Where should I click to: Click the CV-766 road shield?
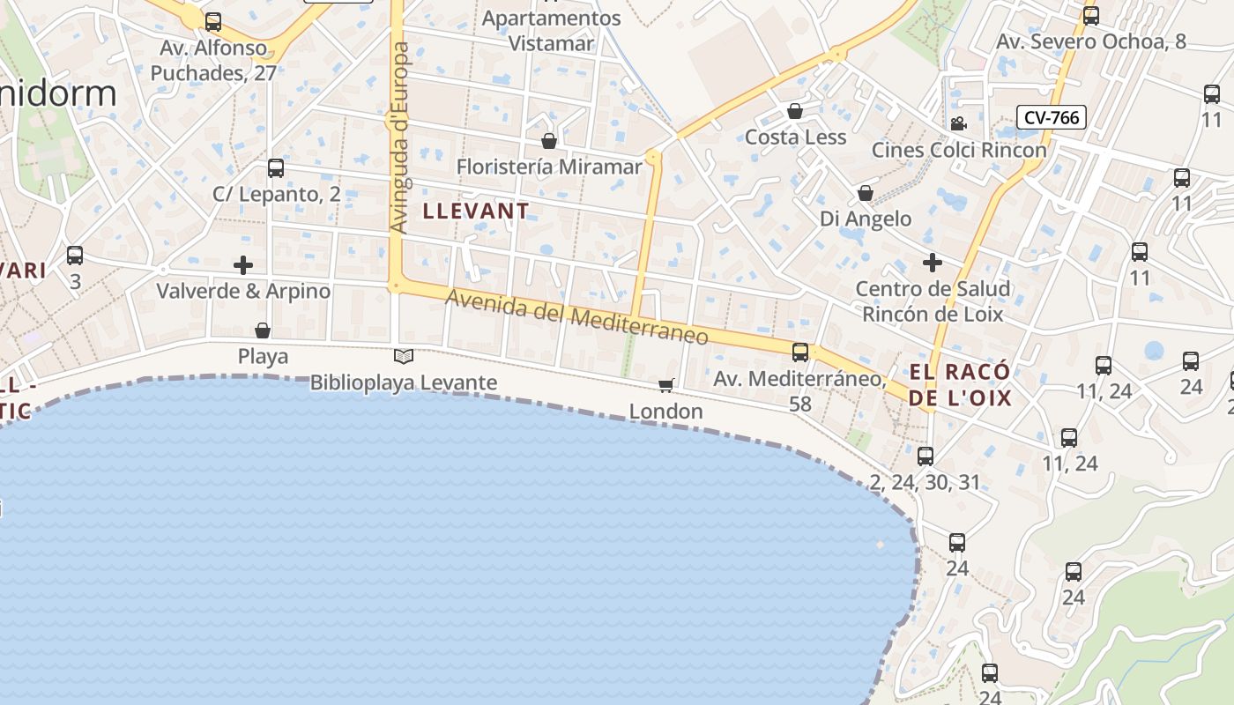pyautogui.click(x=1051, y=117)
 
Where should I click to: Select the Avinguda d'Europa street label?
pyautogui.click(x=400, y=137)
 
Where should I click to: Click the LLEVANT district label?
pyautogui.click(x=476, y=211)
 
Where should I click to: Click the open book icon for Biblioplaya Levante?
pyautogui.click(x=404, y=356)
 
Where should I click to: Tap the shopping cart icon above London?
pyautogui.click(x=666, y=385)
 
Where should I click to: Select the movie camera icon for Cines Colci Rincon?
pyautogui.click(x=958, y=124)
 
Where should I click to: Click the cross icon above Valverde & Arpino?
pyautogui.click(x=243, y=264)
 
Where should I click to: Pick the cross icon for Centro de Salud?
pyautogui.click(x=933, y=262)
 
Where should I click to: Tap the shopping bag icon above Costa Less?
pyautogui.click(x=795, y=111)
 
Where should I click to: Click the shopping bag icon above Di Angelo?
pyautogui.click(x=866, y=193)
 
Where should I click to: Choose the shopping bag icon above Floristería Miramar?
pyautogui.click(x=549, y=141)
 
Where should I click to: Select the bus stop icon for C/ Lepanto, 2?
pyautogui.click(x=276, y=167)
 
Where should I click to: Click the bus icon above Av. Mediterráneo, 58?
pyautogui.click(x=800, y=352)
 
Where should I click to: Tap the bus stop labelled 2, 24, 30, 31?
pyautogui.click(x=925, y=456)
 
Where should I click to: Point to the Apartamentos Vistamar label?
pyautogui.click(x=552, y=31)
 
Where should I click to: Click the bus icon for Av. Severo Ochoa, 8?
pyautogui.click(x=1091, y=15)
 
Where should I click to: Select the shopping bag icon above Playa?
pyautogui.click(x=263, y=330)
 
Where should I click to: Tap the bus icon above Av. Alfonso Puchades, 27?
pyautogui.click(x=213, y=21)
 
